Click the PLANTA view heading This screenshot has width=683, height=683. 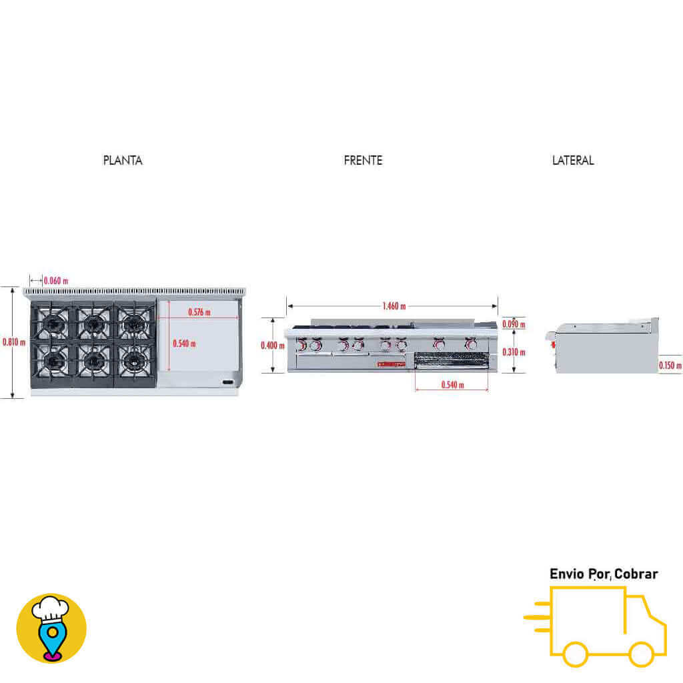pyautogui.click(x=123, y=161)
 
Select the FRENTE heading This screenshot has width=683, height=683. pyautogui.click(x=363, y=161)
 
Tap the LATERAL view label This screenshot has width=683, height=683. pyautogui.click(x=573, y=161)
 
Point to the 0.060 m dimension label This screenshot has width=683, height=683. pyautogui.click(x=56, y=281)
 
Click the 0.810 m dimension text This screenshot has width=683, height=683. pyautogui.click(x=14, y=342)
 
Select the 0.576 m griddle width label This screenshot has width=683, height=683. pyautogui.click(x=199, y=312)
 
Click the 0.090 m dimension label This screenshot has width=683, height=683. pyautogui.click(x=514, y=325)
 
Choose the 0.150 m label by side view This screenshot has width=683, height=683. pyautogui.click(x=670, y=366)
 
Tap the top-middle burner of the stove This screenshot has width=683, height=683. pyautogui.click(x=93, y=324)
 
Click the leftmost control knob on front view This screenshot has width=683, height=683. pyautogui.click(x=301, y=346)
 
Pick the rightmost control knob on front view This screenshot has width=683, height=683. pyautogui.click(x=471, y=345)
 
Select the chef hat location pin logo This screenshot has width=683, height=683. pyautogui.click(x=51, y=628)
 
